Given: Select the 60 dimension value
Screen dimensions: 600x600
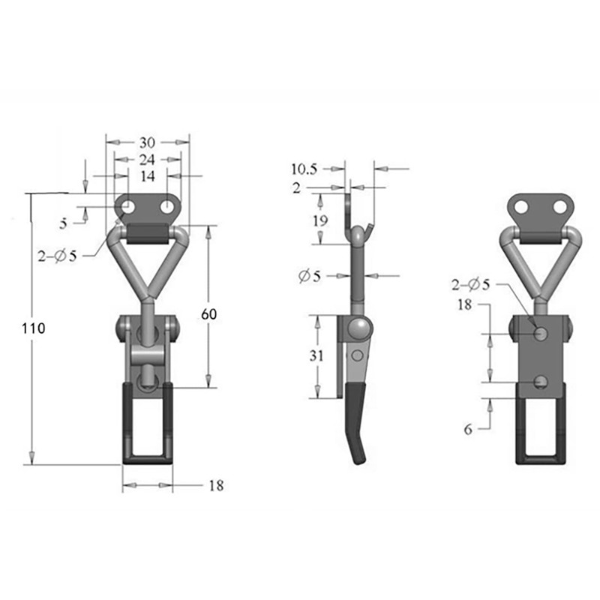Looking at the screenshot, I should point(208,315).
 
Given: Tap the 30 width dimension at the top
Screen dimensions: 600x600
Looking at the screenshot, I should point(147,142).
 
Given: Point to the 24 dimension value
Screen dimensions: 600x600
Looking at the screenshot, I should point(147,159).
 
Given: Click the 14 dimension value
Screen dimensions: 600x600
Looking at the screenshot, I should point(147,176).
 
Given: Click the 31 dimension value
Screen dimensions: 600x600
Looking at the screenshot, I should point(316,356).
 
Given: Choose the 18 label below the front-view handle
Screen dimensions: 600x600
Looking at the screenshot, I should point(216,486).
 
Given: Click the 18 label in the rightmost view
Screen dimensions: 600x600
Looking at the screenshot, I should point(465,304).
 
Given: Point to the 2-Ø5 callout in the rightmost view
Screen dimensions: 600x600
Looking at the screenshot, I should point(472,284).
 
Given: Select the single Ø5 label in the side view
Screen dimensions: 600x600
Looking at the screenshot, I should point(309,276).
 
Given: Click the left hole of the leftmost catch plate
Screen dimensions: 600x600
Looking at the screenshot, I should point(128,205).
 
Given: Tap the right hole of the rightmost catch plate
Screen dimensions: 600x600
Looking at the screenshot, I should point(559,205).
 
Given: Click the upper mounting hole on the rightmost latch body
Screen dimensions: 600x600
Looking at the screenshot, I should point(540,333).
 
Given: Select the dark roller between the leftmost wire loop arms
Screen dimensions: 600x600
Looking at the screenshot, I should point(148,235).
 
